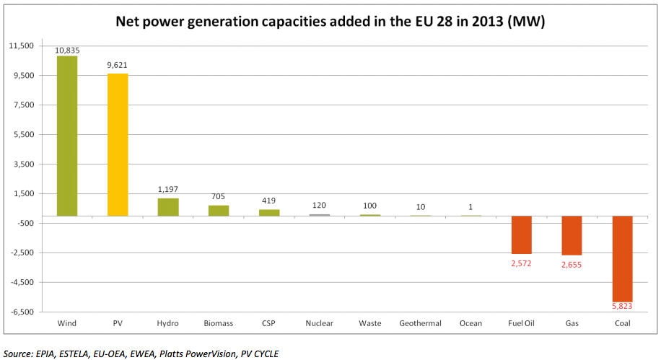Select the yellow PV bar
(118, 144)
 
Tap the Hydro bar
(168, 207)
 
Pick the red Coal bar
(622, 258)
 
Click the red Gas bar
(572, 235)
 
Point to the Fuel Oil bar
(521, 234)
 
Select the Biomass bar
(219, 211)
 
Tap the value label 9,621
(118, 65)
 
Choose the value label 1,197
(168, 189)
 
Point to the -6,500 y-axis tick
(22, 312)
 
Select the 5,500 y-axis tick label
(25, 135)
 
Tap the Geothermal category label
(420, 323)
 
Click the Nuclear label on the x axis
(319, 323)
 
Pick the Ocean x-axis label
(470, 323)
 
